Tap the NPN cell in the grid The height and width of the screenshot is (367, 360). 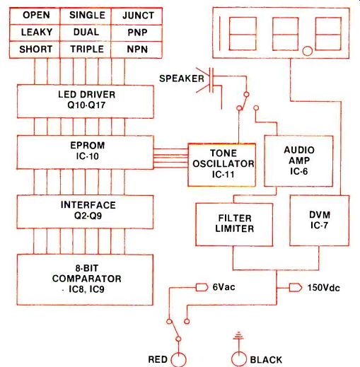(137, 49)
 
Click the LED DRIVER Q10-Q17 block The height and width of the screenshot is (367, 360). (86, 102)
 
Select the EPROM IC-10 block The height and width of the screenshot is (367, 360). (86, 152)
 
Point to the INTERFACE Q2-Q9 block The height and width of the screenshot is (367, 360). (85, 212)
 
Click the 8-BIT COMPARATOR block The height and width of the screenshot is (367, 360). (85, 279)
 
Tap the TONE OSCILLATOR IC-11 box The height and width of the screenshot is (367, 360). (222, 165)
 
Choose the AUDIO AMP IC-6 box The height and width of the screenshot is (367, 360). (298, 161)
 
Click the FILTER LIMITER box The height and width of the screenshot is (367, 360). (234, 225)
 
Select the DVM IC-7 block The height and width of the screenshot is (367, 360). (320, 221)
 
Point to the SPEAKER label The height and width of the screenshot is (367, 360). (182, 78)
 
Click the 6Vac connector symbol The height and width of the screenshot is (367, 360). (202, 287)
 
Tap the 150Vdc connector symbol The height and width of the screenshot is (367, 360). (296, 288)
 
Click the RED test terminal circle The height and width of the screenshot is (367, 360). (178, 360)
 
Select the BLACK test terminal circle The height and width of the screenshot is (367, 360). (239, 359)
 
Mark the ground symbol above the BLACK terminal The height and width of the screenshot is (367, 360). (238, 336)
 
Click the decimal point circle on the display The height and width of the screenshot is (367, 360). (308, 51)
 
